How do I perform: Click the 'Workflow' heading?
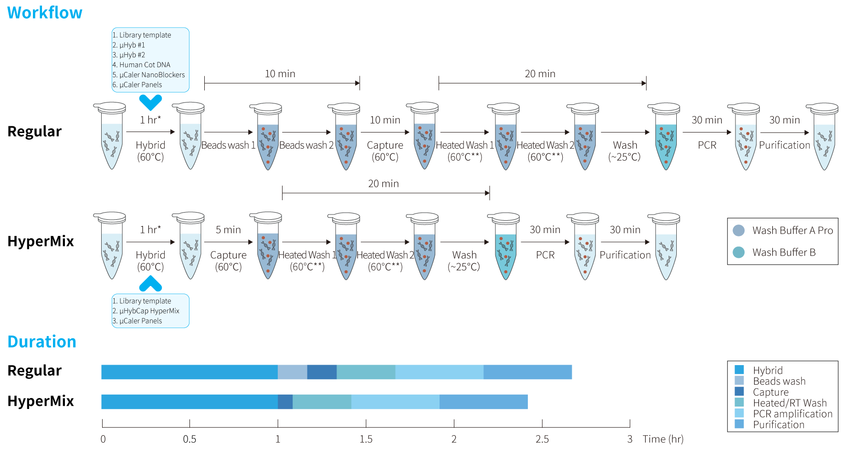click(x=45, y=13)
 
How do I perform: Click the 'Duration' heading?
click(x=42, y=342)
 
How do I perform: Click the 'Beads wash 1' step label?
click(x=228, y=145)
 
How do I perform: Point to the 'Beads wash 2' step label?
click(x=306, y=145)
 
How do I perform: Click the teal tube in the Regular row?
click(x=666, y=136)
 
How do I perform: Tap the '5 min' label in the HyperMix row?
click(x=228, y=230)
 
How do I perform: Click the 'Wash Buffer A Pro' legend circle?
click(x=739, y=231)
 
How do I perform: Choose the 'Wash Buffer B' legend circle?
click(x=739, y=252)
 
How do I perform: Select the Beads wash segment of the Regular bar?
click(x=293, y=372)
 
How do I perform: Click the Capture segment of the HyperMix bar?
click(x=285, y=402)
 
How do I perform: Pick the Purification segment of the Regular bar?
click(x=527, y=372)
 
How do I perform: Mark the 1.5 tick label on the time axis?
click(x=366, y=439)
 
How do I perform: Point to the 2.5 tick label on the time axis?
click(x=542, y=439)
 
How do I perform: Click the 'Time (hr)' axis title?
click(x=663, y=439)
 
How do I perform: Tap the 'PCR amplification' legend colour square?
click(x=739, y=413)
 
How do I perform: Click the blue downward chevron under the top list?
click(x=150, y=102)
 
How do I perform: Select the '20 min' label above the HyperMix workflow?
click(x=383, y=184)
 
